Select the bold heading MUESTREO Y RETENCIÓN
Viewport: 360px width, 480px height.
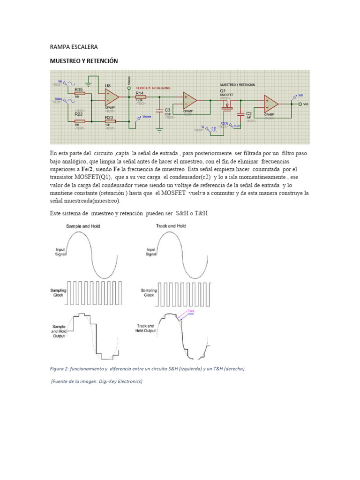pos(84,61)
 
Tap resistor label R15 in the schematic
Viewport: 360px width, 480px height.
pos(79,89)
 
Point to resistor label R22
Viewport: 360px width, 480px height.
pos(79,114)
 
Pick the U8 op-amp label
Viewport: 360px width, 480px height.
pos(108,86)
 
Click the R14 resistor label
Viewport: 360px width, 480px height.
pos(139,93)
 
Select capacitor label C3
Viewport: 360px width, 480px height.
pos(167,110)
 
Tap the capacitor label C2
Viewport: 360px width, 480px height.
pos(249,113)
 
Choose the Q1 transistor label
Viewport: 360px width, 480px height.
pos(223,90)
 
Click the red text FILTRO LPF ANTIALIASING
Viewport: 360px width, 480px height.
pos(153,88)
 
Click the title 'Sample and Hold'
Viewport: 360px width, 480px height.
pos(83,226)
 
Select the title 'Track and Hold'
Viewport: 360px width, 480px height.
pos(171,226)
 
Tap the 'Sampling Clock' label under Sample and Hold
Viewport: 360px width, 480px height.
pos(59,293)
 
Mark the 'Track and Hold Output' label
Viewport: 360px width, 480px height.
pos(146,328)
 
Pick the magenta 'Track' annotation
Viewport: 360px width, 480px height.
pos(191,310)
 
